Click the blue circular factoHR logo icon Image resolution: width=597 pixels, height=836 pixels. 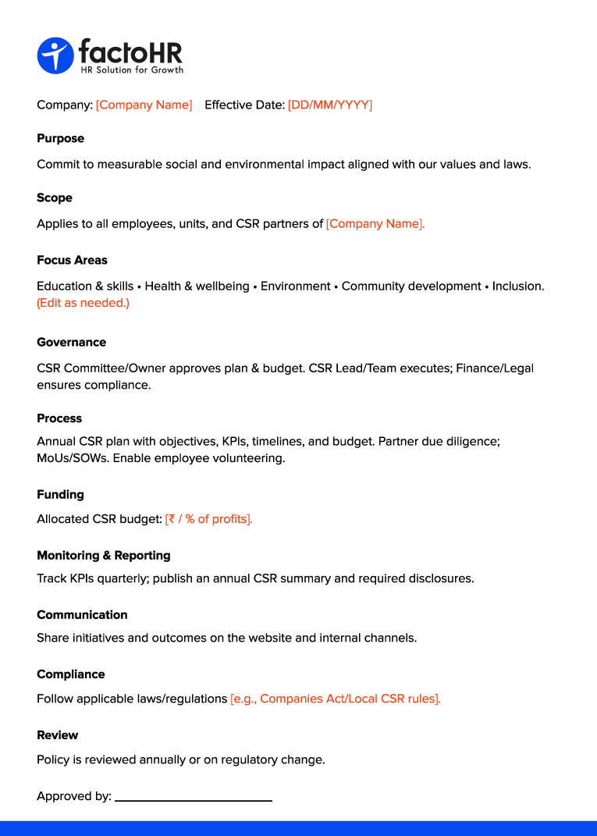click(55, 56)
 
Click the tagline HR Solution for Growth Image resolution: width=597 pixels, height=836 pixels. click(132, 70)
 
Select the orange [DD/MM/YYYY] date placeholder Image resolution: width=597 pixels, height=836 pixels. click(330, 105)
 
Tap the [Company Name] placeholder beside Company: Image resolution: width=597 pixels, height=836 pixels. click(144, 105)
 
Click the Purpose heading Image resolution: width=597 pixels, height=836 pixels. click(60, 138)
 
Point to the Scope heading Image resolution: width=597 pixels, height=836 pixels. click(55, 197)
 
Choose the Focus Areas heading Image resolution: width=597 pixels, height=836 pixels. click(72, 260)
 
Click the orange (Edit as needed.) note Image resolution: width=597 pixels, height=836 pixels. click(83, 303)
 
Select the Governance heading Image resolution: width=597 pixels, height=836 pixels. click(71, 342)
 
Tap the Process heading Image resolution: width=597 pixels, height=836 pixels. click(59, 418)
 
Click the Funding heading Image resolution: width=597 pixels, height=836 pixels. click(60, 494)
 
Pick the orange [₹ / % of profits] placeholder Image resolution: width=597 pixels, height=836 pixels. click(208, 519)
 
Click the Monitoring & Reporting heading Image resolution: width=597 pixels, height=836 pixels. click(103, 555)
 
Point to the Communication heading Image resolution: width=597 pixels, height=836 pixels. click(82, 614)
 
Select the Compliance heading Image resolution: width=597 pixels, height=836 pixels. click(70, 674)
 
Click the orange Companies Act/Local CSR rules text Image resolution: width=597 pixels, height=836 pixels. click(336, 699)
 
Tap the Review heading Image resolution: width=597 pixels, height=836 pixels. click(58, 735)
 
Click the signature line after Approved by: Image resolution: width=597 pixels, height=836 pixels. click(194, 799)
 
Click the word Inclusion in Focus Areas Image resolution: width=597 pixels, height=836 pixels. click(517, 286)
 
